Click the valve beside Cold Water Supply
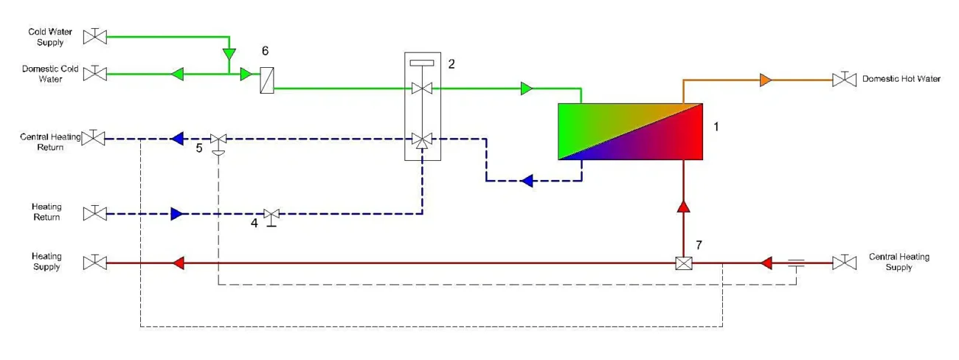pyautogui.click(x=94, y=35)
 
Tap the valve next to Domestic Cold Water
pyautogui.click(x=94, y=73)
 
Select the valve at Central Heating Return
pyautogui.click(x=94, y=138)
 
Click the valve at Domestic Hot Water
pyautogui.click(x=844, y=79)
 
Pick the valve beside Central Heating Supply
pyautogui.click(x=844, y=262)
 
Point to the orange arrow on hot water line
pyautogui.click(x=766, y=79)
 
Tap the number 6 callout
pyautogui.click(x=266, y=51)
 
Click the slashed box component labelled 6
pyautogui.click(x=266, y=80)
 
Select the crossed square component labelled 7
pyautogui.click(x=683, y=263)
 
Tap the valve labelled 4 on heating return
pyautogui.click(x=271, y=215)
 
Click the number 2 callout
pyautogui.click(x=451, y=63)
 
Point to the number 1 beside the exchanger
pyautogui.click(x=716, y=127)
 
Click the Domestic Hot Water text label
pyautogui.click(x=901, y=79)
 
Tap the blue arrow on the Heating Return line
pyautogui.click(x=176, y=214)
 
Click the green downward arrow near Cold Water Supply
pyautogui.click(x=229, y=55)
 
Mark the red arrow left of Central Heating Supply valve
pyautogui.click(x=766, y=263)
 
